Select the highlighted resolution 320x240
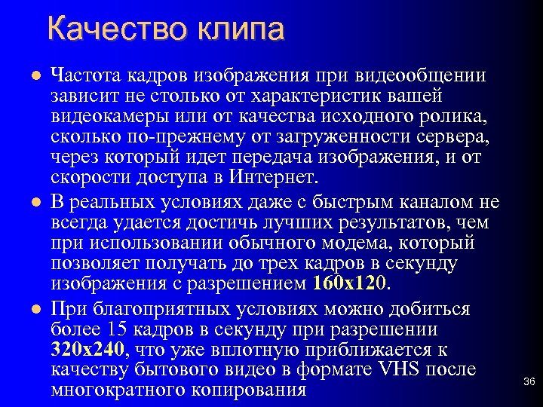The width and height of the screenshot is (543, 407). pos(89,349)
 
